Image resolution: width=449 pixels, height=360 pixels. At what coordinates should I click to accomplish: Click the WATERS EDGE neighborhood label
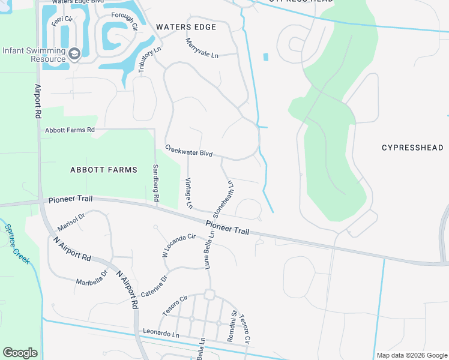click(186, 27)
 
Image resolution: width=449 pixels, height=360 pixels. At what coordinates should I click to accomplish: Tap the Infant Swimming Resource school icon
click(74, 54)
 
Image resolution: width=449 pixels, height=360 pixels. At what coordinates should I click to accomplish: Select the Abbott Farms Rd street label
click(70, 130)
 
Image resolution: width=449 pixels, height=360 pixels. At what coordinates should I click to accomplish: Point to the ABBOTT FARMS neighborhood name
click(104, 170)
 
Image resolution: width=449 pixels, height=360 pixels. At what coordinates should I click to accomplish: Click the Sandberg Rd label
click(155, 182)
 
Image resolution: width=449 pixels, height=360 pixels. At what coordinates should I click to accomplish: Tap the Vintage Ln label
click(188, 193)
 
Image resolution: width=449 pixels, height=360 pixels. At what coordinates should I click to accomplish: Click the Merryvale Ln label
click(202, 48)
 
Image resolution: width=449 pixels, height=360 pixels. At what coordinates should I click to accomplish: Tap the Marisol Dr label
click(72, 221)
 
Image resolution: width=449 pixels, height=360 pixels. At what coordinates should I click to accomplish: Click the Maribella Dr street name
click(92, 277)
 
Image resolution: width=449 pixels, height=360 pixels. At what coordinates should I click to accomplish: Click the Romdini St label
click(232, 326)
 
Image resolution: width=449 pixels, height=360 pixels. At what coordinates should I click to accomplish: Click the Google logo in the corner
click(20, 353)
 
